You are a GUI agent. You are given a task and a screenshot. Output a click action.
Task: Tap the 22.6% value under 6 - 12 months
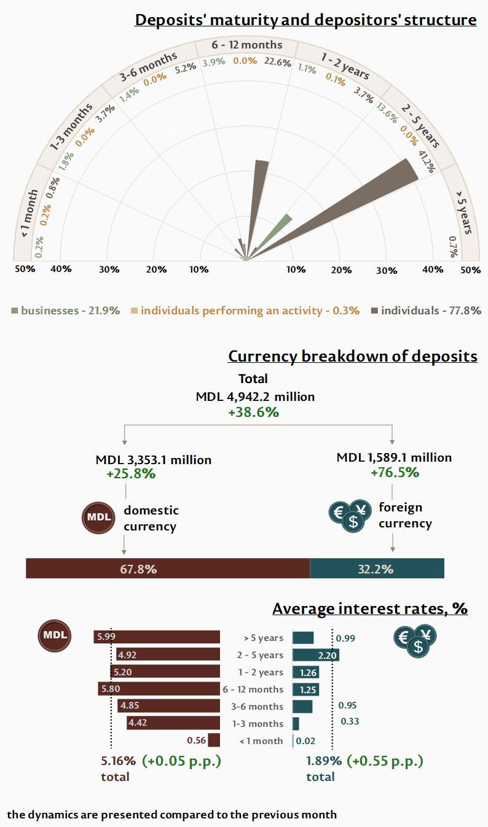277,61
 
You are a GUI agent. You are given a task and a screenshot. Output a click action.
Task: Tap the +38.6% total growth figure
253,413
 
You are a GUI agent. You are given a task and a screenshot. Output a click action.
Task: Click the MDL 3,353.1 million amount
154,460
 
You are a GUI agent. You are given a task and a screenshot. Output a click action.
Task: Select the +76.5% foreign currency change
395,473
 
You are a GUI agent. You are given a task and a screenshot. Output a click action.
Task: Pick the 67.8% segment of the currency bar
168,569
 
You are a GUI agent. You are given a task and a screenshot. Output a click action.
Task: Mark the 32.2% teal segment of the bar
376,569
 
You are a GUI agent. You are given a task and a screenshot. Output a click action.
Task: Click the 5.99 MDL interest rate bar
157,637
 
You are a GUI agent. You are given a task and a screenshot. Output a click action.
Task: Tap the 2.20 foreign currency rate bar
316,655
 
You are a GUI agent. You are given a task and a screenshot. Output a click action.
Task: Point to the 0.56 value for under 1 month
197,740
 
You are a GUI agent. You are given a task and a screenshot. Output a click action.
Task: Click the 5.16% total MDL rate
118,761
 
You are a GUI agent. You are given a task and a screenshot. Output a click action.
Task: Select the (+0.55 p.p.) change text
385,761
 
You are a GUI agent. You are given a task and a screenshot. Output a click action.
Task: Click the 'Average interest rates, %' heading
370,608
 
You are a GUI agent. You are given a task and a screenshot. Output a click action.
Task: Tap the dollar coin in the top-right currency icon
418,646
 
